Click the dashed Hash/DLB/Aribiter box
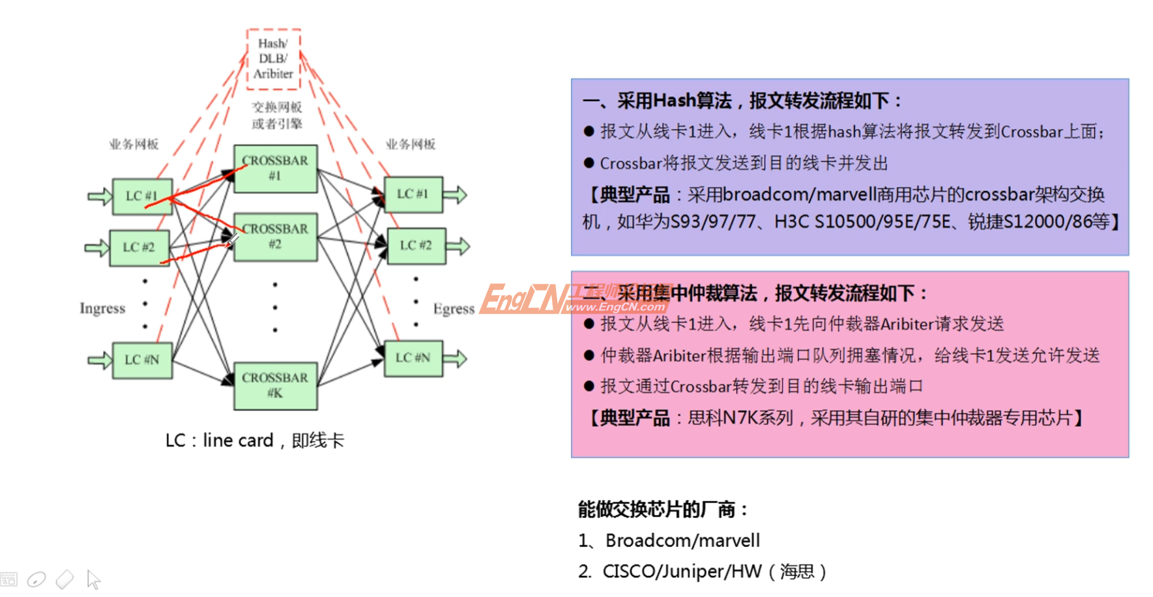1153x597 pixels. click(x=273, y=59)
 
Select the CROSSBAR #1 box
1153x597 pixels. click(x=275, y=168)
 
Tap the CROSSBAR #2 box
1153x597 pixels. click(x=276, y=237)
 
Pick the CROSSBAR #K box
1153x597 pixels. click(x=275, y=385)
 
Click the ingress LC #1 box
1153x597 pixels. click(x=142, y=196)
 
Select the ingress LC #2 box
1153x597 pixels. click(x=139, y=248)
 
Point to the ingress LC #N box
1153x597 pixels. click(x=142, y=360)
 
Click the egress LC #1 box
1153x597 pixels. click(x=413, y=194)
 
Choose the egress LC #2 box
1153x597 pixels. click(x=416, y=246)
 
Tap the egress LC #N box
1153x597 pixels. click(x=413, y=358)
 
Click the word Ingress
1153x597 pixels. click(x=102, y=308)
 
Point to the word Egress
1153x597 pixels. click(x=454, y=309)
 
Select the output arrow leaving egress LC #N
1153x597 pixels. click(x=456, y=358)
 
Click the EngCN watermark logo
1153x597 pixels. click(x=574, y=298)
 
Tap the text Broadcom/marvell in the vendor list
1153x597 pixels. click(x=682, y=540)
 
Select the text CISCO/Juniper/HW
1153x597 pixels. click(x=682, y=572)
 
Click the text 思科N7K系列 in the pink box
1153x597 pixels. click(x=740, y=418)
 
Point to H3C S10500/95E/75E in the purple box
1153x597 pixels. click(x=862, y=222)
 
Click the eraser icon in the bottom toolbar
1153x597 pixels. click(x=65, y=579)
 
